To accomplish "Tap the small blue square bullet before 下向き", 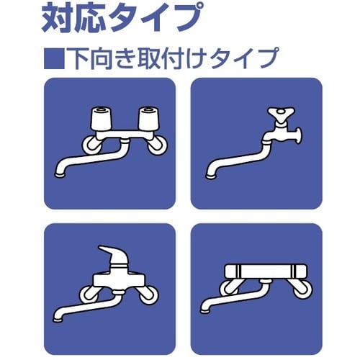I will coord(53,57).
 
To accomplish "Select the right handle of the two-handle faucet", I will coord(148,117).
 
